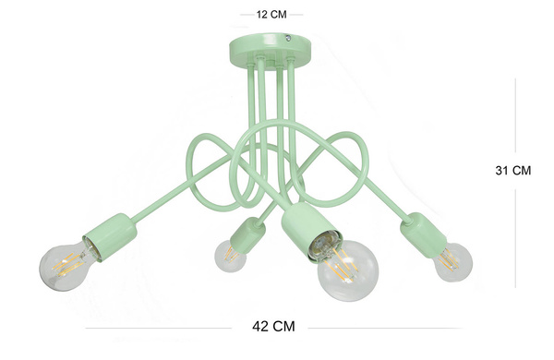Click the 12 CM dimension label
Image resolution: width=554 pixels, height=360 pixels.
271,15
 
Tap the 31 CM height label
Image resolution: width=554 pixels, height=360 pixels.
513,170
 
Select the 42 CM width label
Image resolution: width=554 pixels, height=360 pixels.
273,326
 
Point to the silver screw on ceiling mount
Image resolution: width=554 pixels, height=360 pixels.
288,37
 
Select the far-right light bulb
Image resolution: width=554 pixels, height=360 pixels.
453,261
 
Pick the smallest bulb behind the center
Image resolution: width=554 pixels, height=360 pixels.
230,256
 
